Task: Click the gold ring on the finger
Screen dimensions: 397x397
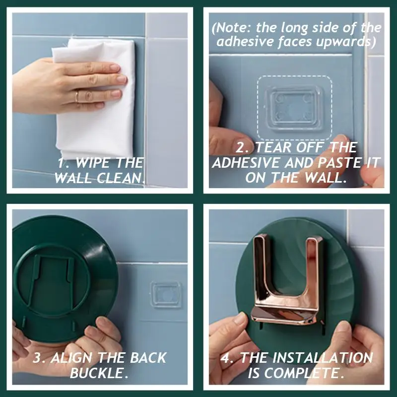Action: pyautogui.click(x=77, y=96)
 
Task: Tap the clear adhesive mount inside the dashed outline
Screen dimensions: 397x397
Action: pyautogui.click(x=294, y=108)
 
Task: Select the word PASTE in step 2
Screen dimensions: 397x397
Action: pyautogui.click(x=338, y=163)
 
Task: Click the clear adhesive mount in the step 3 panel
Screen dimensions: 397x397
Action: pyautogui.click(x=166, y=294)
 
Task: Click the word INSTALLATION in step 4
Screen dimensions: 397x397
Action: pyautogui.click(x=306, y=358)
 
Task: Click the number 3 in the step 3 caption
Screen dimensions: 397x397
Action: pyautogui.click(x=37, y=358)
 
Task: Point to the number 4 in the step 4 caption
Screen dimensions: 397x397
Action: pyautogui.click(x=225, y=358)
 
